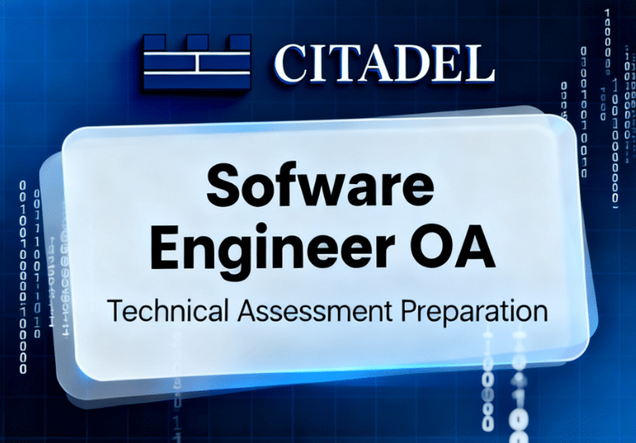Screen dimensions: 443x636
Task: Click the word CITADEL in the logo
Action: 383,62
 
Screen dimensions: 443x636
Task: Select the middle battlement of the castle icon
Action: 197,42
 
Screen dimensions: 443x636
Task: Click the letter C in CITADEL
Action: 291,62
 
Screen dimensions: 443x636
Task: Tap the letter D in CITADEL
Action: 405,62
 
